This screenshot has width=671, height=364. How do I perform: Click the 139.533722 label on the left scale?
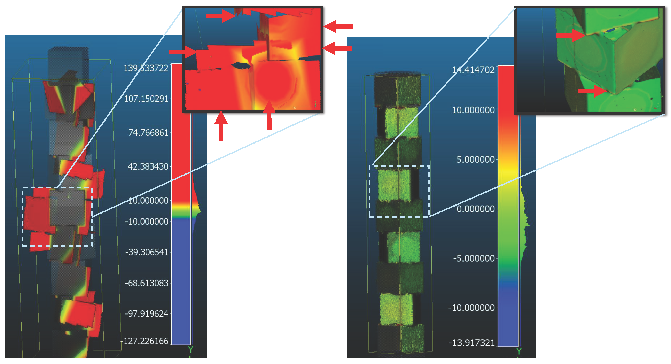pyautogui.click(x=146, y=68)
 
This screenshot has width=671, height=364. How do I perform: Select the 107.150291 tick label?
pyautogui.click(x=146, y=99)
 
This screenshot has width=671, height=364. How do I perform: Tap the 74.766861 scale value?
pyautogui.click(x=148, y=133)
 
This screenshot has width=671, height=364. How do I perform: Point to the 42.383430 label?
pyautogui.click(x=148, y=166)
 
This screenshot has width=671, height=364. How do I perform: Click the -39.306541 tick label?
pyautogui.click(x=147, y=252)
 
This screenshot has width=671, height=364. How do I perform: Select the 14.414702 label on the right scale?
pyautogui.click(x=473, y=70)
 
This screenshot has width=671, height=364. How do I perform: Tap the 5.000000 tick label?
pyautogui.click(x=475, y=160)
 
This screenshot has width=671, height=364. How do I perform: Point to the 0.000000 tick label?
pyautogui.click(x=475, y=209)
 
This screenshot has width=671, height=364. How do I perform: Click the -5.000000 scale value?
pyautogui.click(x=474, y=258)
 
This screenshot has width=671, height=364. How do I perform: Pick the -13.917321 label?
pyautogui.click(x=471, y=343)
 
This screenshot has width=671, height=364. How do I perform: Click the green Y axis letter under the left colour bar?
pyautogui.click(x=190, y=349)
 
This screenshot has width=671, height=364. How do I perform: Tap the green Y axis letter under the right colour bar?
pyautogui.click(x=519, y=351)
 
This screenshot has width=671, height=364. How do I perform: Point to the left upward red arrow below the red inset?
pyautogui.click(x=221, y=125)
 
